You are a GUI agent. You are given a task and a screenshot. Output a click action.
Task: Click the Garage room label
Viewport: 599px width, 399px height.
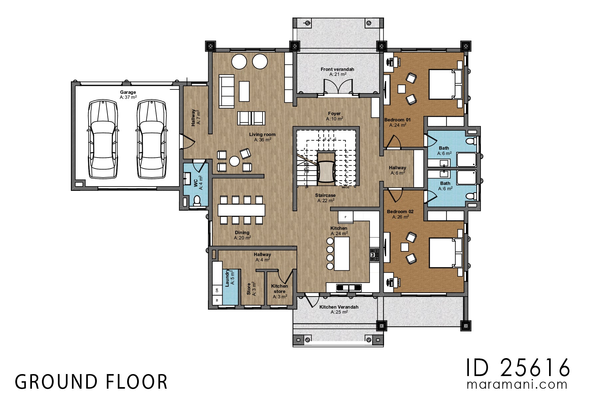pos(128,94)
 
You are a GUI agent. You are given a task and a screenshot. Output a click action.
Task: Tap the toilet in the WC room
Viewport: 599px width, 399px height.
pos(197,200)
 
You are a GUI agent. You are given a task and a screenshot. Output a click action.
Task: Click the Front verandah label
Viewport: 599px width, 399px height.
pos(337,71)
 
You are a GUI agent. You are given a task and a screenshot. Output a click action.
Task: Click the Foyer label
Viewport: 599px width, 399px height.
pos(334,116)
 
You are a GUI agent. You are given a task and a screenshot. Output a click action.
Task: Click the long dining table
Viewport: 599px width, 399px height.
pos(241,210)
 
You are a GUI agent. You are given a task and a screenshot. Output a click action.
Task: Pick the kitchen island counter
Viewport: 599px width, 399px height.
pos(342,253)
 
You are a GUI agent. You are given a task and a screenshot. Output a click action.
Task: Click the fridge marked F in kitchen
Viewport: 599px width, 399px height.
pos(345,217)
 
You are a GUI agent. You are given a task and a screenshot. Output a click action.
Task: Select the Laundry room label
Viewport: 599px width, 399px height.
pos(230,278)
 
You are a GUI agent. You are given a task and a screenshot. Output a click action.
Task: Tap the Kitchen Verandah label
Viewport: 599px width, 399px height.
pos(339,309)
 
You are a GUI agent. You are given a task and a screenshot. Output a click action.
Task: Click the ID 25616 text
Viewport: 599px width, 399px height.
pos(518,368)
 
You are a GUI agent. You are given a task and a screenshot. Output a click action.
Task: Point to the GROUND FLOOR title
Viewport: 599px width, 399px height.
pos(91,382)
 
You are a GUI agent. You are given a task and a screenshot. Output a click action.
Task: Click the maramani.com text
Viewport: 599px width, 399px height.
pos(517,385)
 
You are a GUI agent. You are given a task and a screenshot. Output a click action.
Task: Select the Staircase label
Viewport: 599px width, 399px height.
pos(325,198)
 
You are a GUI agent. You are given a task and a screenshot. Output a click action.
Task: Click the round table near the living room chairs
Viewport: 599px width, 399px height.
pos(234,161)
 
